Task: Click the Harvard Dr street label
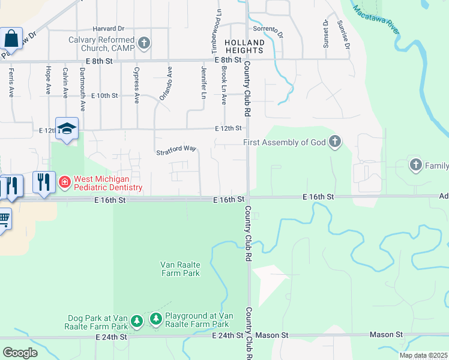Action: click(108, 28)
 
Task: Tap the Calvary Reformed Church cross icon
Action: click(143, 43)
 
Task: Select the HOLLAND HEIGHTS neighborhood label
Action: click(244, 47)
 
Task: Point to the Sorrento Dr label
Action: click(267, 28)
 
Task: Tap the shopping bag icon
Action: click(11, 39)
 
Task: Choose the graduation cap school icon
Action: click(67, 128)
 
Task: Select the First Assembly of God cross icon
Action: click(335, 142)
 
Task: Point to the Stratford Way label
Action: click(176, 148)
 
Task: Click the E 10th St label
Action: click(106, 95)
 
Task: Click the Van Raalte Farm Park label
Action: click(179, 268)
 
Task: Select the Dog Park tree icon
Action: click(137, 322)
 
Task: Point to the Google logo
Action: click(20, 352)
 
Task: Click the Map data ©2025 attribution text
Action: click(424, 355)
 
